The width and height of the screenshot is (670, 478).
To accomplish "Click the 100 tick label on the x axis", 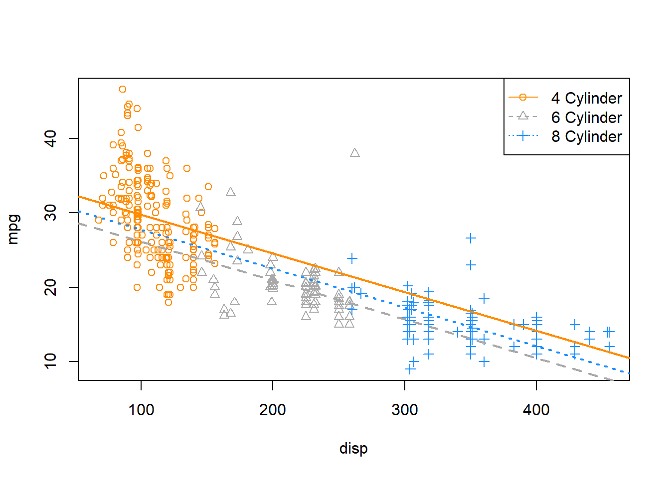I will (x=141, y=410).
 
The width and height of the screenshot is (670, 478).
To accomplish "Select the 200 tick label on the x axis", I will (x=273, y=410).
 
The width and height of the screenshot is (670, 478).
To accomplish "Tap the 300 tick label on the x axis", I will (x=404, y=410).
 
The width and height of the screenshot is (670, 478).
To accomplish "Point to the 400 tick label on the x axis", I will (x=536, y=410).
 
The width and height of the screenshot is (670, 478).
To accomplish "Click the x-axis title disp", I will (x=353, y=448).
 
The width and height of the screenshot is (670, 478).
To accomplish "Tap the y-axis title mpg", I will (x=13, y=229).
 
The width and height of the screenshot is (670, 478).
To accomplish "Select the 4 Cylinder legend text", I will (x=586, y=98).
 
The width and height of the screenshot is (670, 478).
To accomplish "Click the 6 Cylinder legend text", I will (x=586, y=118).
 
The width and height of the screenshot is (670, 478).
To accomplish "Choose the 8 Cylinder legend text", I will (x=586, y=136).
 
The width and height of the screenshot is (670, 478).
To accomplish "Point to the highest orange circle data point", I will (x=123, y=89).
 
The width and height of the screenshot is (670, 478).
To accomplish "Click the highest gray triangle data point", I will (x=355, y=153).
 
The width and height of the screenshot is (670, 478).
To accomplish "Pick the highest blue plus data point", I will (x=471, y=239).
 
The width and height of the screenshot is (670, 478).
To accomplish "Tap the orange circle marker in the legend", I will (x=523, y=98).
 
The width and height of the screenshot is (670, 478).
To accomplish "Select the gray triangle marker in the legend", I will (x=523, y=117).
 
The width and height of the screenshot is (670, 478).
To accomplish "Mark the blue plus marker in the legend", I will (x=523, y=135).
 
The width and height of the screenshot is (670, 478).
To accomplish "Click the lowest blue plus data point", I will (x=410, y=369).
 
